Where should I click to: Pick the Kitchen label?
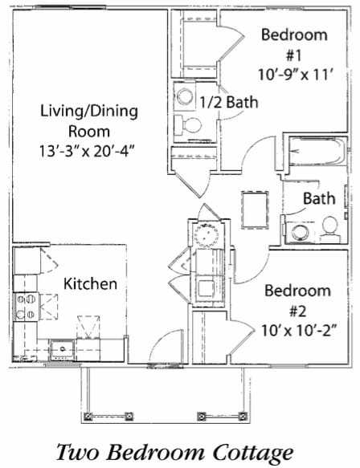pos(91,284)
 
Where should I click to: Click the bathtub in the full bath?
pos(318,153)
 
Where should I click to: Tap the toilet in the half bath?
pos(190,126)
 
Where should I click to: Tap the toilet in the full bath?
pos(330,232)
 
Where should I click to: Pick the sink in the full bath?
pos(300,232)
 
